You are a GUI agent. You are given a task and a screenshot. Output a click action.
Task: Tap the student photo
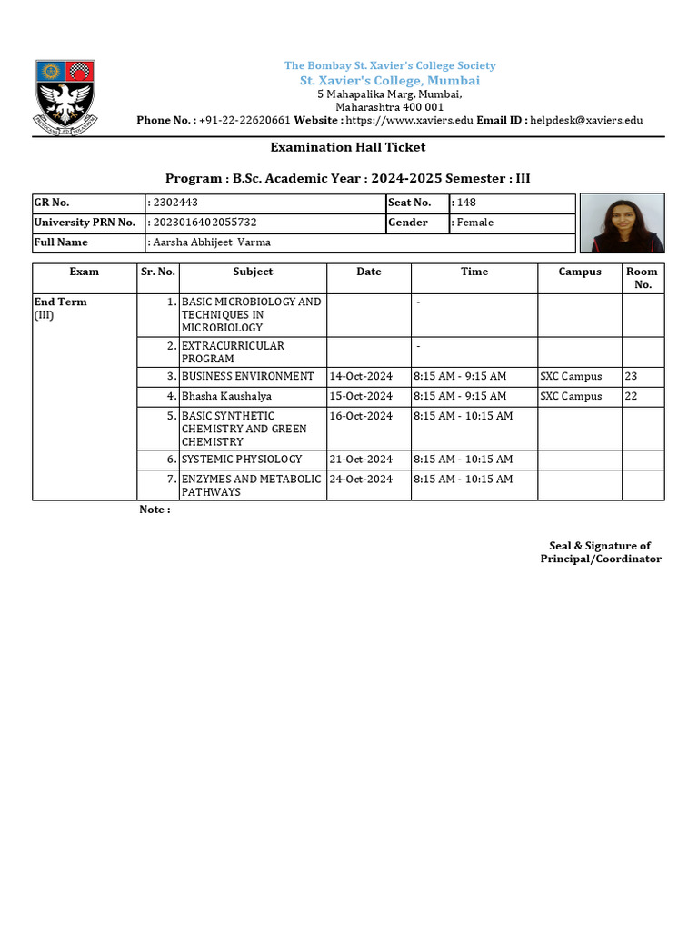pyautogui.click(x=622, y=223)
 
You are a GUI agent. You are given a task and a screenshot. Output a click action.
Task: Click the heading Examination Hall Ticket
pyautogui.click(x=347, y=147)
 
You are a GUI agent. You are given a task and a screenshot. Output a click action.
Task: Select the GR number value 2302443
pyautogui.click(x=170, y=203)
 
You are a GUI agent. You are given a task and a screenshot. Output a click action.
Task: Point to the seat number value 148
pyautogui.click(x=466, y=203)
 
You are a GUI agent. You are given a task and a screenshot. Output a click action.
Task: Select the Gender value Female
pyautogui.click(x=473, y=223)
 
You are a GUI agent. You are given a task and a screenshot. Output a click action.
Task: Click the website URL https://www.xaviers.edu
pyautogui.click(x=409, y=120)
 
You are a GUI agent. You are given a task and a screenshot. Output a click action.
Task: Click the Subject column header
pyautogui.click(x=253, y=272)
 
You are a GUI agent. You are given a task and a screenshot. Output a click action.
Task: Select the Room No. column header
pyautogui.click(x=643, y=278)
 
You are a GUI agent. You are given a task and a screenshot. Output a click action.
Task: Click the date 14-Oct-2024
pyautogui.click(x=361, y=376)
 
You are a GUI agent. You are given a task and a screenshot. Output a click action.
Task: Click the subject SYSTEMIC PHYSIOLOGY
pyautogui.click(x=242, y=460)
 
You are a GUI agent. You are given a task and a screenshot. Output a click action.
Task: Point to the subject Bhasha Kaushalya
pyautogui.click(x=226, y=396)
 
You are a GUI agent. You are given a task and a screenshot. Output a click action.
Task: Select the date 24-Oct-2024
pyautogui.click(x=361, y=480)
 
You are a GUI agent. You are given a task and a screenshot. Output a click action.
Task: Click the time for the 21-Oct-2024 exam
pyautogui.click(x=463, y=460)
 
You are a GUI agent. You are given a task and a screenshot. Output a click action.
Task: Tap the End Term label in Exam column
pyautogui.click(x=60, y=302)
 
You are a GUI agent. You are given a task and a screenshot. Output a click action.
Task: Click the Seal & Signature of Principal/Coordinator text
pyautogui.click(x=601, y=552)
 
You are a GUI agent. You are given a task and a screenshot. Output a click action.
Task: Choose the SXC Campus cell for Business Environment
pyautogui.click(x=571, y=376)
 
